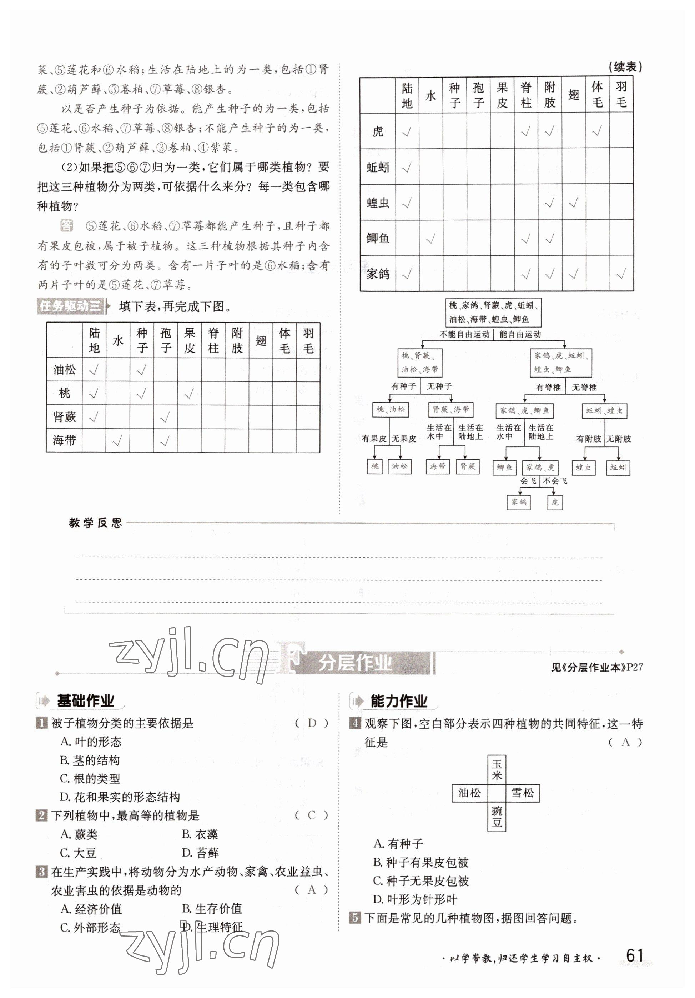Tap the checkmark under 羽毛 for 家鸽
tap(621, 274)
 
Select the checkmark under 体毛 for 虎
tap(597, 131)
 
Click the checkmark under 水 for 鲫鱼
tap(430, 238)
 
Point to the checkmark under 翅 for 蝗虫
tap(573, 203)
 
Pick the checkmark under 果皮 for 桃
tap(189, 394)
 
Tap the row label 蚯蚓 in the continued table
tap(377, 167)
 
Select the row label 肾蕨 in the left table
tap(64, 417)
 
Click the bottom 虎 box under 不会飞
tap(555, 503)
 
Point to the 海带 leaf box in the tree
tap(437, 466)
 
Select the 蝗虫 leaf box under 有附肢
tap(583, 468)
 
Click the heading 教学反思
tap(95, 523)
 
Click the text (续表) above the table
tap(625, 67)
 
